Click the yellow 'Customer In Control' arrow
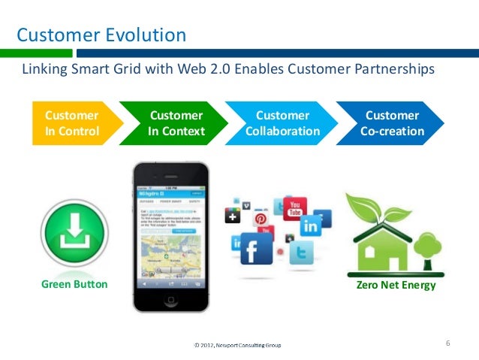pyautogui.click(x=71, y=124)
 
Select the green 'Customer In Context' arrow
pyautogui.click(x=176, y=124)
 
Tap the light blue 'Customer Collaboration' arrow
pyautogui.click(x=282, y=124)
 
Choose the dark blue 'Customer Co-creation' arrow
pyautogui.click(x=391, y=124)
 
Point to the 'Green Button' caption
pyautogui.click(x=74, y=285)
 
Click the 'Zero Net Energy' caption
pyautogui.click(x=397, y=286)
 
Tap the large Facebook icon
pyautogui.click(x=257, y=247)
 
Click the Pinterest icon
pyautogui.click(x=261, y=219)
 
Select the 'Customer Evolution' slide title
pyautogui.click(x=102, y=35)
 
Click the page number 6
pyautogui.click(x=447, y=343)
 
